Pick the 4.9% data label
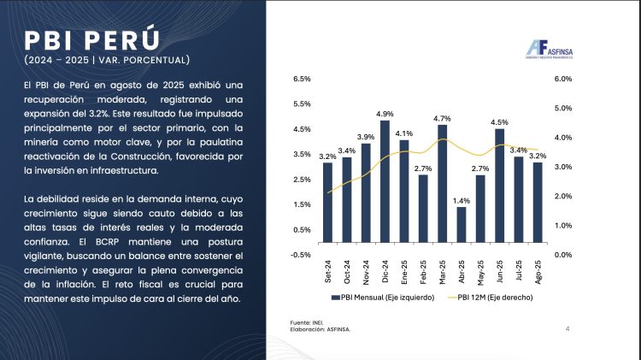click(385, 114)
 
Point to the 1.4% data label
click(462, 200)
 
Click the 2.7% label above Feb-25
click(423, 168)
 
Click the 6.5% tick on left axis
click(302, 79)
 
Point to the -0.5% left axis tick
click(301, 255)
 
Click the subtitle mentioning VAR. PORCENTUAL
click(106, 60)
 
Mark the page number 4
click(568, 328)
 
